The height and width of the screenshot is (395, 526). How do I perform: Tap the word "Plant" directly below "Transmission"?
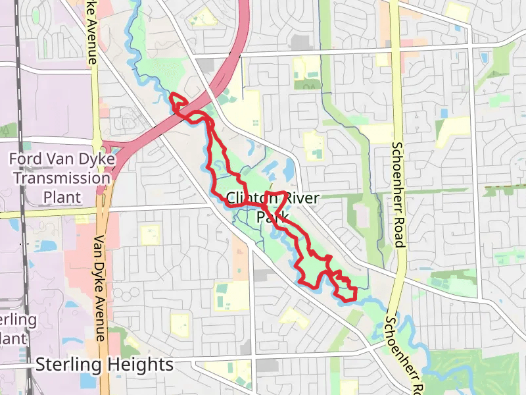point(62,197)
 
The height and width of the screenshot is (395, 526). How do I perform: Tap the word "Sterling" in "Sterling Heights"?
point(66,365)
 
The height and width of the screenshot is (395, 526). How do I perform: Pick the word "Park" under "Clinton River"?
point(273,217)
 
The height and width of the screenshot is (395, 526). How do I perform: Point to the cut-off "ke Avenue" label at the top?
point(92,33)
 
